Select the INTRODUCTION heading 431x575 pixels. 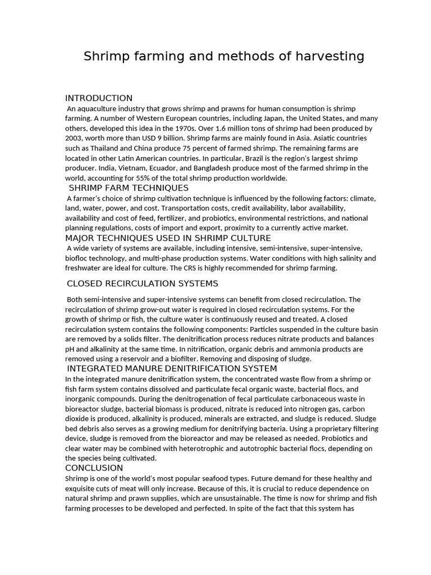pos(99,98)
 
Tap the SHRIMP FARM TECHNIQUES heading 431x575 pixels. pos(129,188)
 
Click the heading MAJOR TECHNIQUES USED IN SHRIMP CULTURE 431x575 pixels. pos(168,238)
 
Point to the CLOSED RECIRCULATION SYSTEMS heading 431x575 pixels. pos(143,283)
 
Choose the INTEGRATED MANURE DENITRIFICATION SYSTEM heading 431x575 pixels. pos(172,368)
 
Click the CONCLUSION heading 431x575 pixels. pos(94,468)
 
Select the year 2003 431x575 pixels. pos(75,138)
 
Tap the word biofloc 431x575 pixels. pos(79,258)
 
